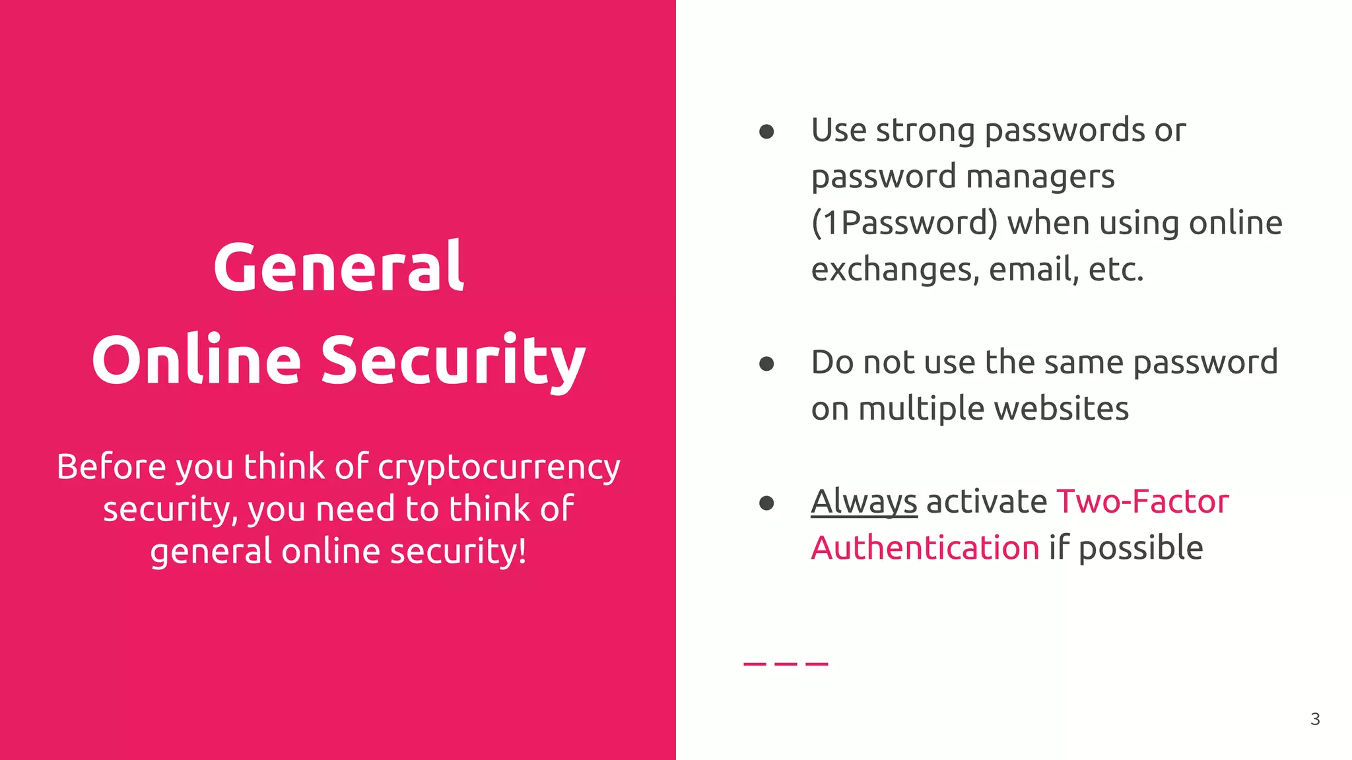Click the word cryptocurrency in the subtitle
point(499,468)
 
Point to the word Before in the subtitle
point(111,467)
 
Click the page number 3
point(1315,719)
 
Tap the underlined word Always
point(863,502)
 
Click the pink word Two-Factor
point(1143,502)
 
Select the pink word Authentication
point(925,548)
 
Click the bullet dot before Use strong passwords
point(766,132)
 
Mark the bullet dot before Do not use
point(766,364)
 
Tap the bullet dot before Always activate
point(766,503)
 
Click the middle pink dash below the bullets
point(786,664)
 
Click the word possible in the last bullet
point(1141,548)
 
